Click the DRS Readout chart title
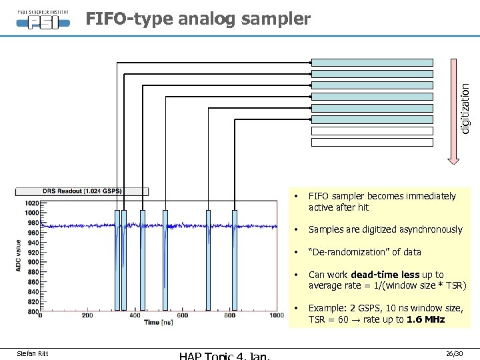click(x=82, y=191)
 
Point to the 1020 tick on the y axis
click(x=31, y=203)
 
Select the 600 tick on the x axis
click(x=182, y=316)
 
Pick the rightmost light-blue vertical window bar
click(x=234, y=260)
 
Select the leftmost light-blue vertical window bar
click(x=117, y=260)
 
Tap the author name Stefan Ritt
click(x=32, y=353)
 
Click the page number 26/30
click(x=455, y=353)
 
